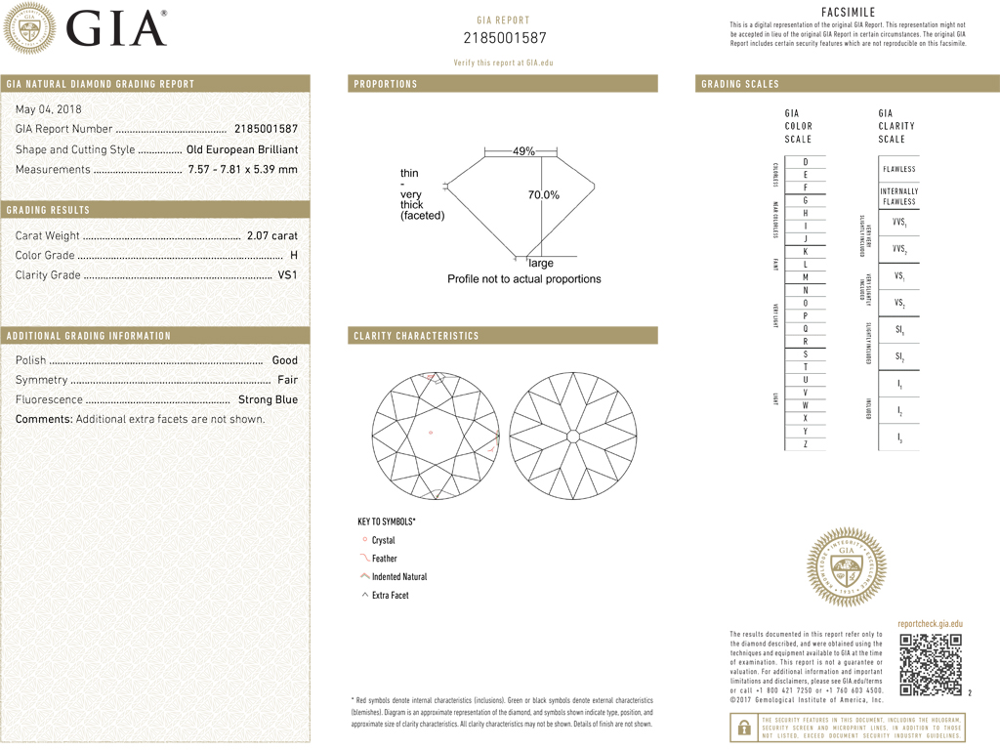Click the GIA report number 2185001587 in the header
tap(504, 38)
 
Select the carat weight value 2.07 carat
tap(272, 235)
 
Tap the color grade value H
tap(294, 255)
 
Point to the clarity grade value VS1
tap(288, 274)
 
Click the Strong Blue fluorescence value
tap(268, 399)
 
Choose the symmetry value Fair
tap(287, 380)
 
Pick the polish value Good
tap(284, 360)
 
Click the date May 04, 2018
tap(49, 108)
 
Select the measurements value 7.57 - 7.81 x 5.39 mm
tap(242, 169)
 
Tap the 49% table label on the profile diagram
tap(523, 151)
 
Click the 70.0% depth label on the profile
tap(544, 195)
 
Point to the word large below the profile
tap(540, 263)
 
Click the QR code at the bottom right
tap(931, 665)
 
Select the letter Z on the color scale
tap(805, 444)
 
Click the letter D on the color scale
tap(805, 161)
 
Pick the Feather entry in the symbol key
tap(384, 559)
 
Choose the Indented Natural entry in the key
tap(398, 577)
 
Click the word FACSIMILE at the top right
tap(848, 12)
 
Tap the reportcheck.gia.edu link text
tap(930, 623)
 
